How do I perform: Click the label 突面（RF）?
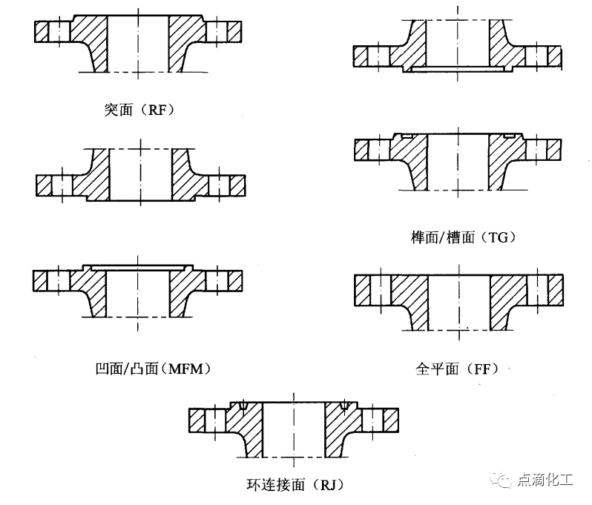(x=139, y=110)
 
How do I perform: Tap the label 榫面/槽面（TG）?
(x=463, y=237)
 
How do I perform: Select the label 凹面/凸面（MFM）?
(x=153, y=369)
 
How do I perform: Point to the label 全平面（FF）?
(x=457, y=369)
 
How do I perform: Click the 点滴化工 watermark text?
(x=545, y=480)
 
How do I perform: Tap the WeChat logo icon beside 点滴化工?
(x=501, y=479)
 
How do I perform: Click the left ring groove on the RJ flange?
(x=243, y=406)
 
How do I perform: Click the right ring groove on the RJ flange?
(x=343, y=406)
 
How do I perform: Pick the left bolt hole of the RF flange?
(x=59, y=31)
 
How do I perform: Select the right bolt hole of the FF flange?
(x=538, y=290)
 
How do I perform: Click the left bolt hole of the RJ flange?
(x=215, y=420)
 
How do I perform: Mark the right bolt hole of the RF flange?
(x=217, y=31)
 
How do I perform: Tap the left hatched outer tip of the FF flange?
(x=362, y=290)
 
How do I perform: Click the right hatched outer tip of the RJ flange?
(x=391, y=420)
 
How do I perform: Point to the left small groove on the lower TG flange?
(x=407, y=135)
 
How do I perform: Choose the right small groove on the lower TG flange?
(x=509, y=135)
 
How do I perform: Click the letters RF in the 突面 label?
(x=157, y=110)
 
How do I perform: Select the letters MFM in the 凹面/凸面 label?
(x=185, y=369)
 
